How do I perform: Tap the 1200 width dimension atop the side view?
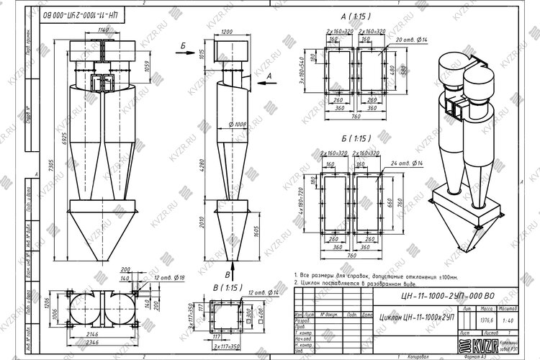coord(228,32)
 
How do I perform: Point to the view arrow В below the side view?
coord(228,274)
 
